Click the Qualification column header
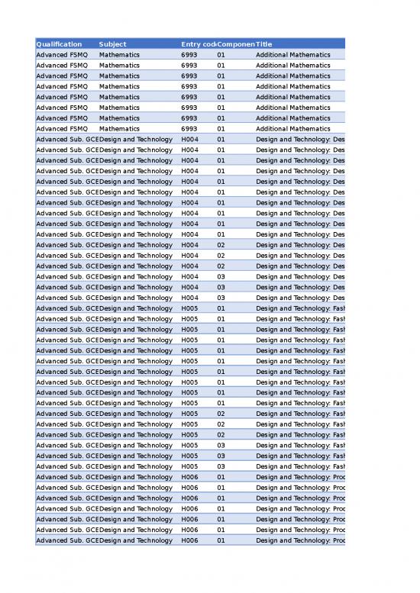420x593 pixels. [x=60, y=44]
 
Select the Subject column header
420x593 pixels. [x=113, y=44]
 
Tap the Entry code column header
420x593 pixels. [x=199, y=44]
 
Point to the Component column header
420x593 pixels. [x=236, y=44]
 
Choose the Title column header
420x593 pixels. [x=264, y=44]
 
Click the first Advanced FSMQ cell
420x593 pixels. [x=62, y=55]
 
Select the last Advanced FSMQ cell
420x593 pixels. [x=62, y=129]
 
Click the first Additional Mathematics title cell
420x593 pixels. [x=293, y=55]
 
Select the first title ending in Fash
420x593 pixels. [x=300, y=308]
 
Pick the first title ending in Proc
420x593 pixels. [x=300, y=477]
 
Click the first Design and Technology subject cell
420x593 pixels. [x=136, y=140]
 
